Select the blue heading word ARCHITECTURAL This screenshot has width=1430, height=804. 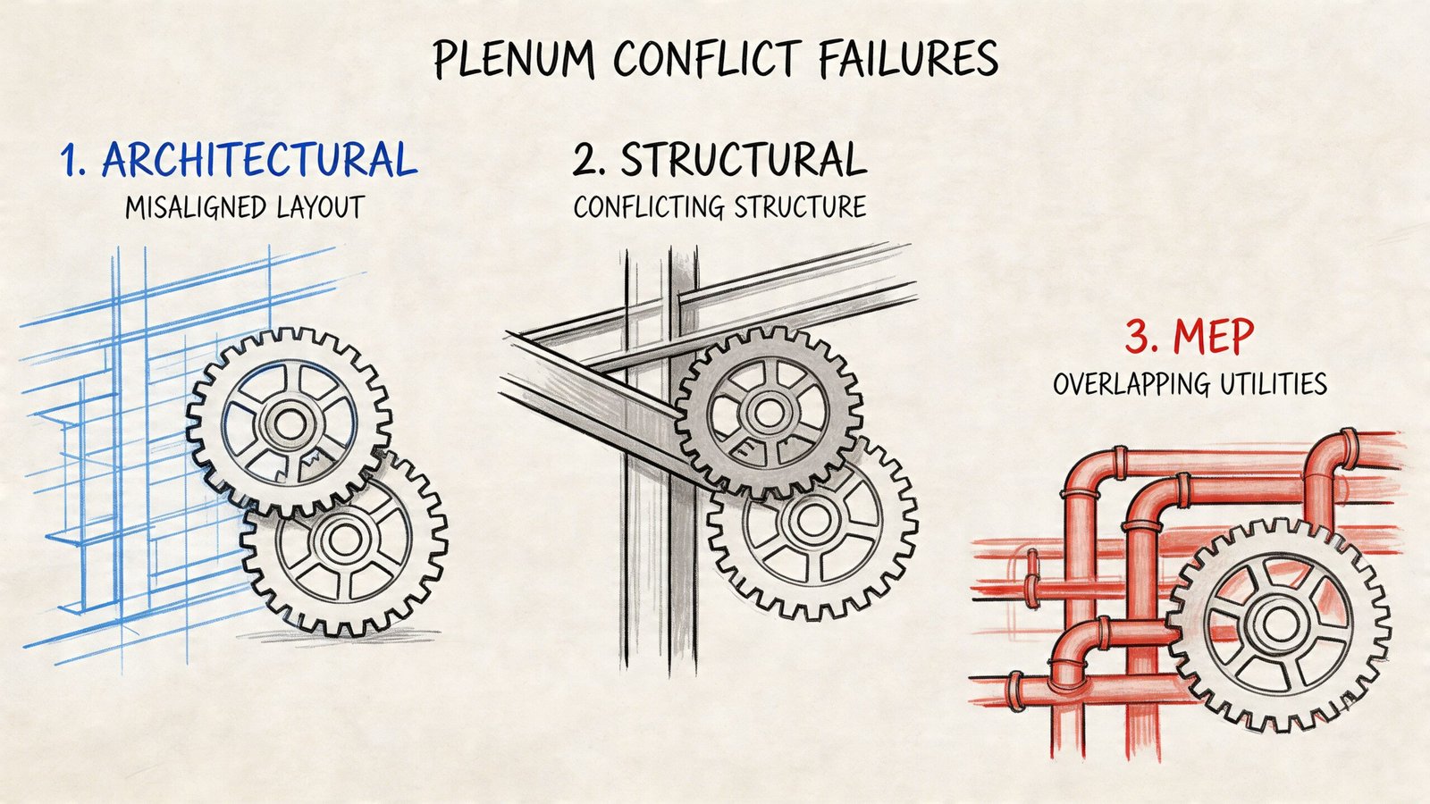pos(260,161)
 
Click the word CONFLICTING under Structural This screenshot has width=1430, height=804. pos(649,208)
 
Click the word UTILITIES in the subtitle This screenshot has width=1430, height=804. pos(1274,385)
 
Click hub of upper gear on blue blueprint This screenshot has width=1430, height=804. pos(289,423)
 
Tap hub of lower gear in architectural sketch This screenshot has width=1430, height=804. pos(343,539)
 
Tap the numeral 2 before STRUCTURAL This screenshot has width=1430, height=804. pos(586,162)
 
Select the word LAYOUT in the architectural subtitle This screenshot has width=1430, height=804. pos(319,208)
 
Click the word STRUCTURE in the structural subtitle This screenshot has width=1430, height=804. pos(799,208)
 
